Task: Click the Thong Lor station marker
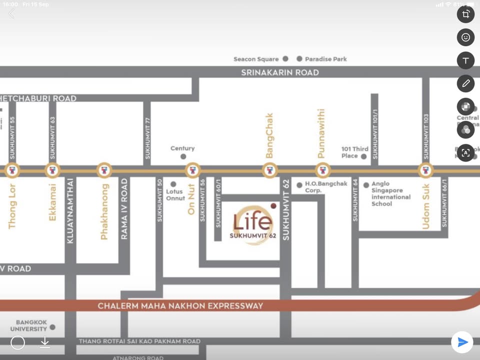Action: point(12,170)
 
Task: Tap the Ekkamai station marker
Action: point(53,170)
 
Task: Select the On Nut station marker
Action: point(193,170)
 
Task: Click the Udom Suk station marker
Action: point(425,170)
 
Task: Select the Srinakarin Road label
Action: point(279,72)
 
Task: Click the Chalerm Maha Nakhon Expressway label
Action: point(180,305)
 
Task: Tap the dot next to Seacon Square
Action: point(285,58)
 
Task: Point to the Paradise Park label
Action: point(325,59)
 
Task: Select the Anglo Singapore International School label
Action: point(390,194)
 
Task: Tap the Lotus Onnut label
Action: point(175,194)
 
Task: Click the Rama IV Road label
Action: point(124,208)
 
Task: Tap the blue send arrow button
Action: point(462,342)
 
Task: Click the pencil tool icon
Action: point(465,83)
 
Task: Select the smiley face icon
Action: point(465,37)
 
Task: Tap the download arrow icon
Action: point(45,342)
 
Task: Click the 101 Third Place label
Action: point(354,152)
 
